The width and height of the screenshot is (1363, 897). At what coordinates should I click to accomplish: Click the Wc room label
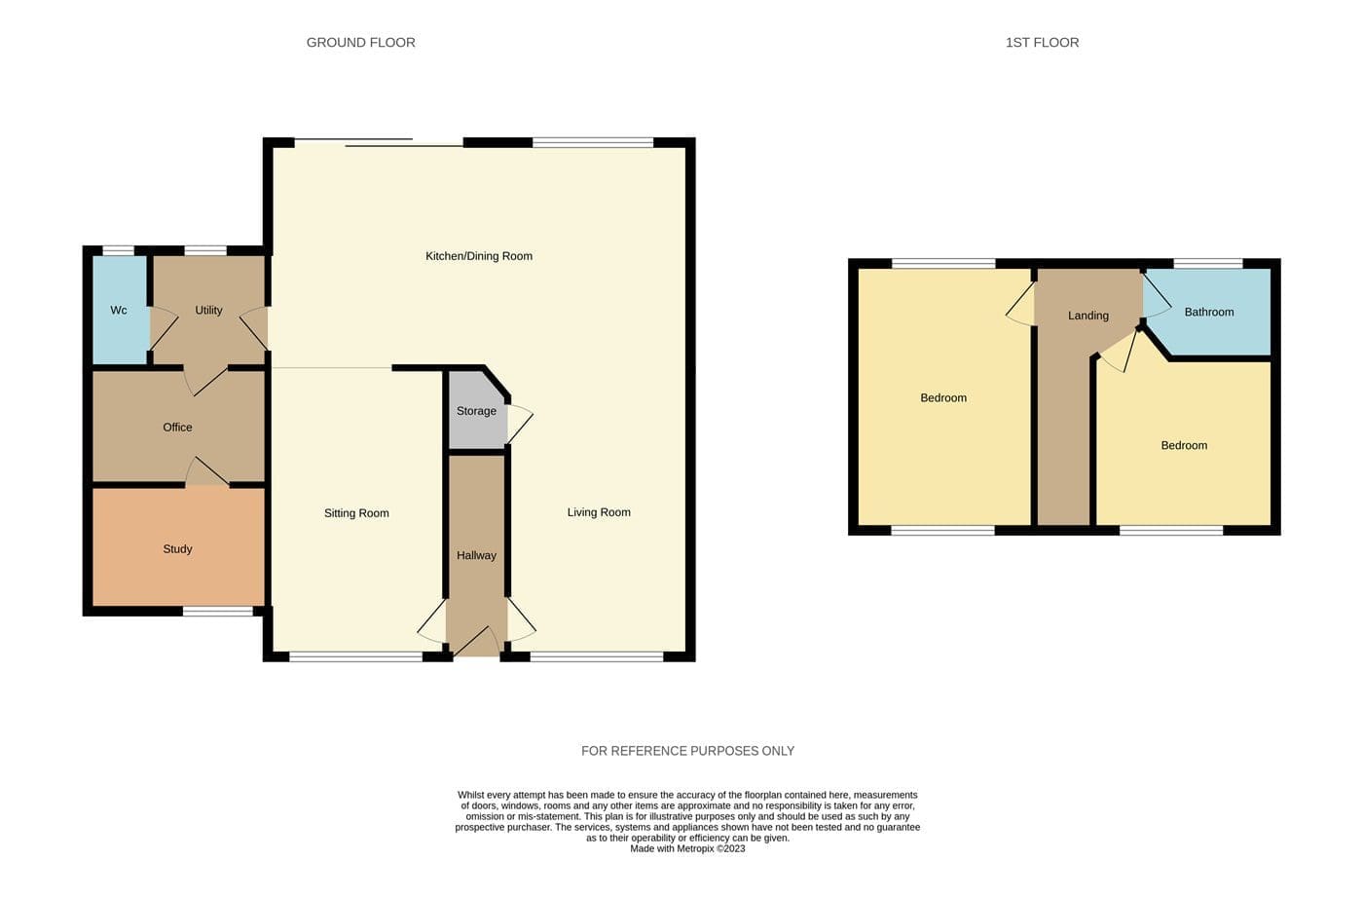pos(119,311)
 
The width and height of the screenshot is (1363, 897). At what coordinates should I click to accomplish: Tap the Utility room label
pos(208,311)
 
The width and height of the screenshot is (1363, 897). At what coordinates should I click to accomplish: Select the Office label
pos(177,428)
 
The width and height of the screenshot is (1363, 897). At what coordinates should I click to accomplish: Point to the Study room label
pos(177,549)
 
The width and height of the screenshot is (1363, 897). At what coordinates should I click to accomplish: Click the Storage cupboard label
pos(476,411)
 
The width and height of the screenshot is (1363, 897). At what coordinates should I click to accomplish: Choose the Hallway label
pos(476,555)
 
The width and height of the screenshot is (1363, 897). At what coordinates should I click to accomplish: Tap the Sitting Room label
pos(356,513)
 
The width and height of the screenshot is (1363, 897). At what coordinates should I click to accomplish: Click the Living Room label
pos(599,512)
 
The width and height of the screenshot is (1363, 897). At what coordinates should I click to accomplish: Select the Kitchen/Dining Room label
pos(479,256)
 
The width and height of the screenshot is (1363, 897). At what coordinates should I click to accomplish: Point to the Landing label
pos(1088,316)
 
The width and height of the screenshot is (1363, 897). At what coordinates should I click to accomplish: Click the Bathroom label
pos(1209,313)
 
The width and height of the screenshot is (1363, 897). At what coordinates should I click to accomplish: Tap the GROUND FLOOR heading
pos(361,43)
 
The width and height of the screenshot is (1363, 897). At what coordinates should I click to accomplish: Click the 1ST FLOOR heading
pos(1043,43)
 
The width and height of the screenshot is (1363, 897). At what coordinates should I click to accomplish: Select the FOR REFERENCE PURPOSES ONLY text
pos(687,751)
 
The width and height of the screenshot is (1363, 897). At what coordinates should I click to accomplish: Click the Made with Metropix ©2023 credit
pos(687,849)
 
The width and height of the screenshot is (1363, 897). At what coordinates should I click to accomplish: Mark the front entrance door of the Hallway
pos(476,642)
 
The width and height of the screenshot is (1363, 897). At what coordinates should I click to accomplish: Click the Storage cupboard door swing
pos(520,424)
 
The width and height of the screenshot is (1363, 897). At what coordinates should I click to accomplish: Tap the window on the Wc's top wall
pos(118,250)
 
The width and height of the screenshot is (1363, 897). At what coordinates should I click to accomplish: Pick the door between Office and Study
pos(207,471)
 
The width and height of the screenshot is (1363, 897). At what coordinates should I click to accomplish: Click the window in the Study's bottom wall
pos(218,611)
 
